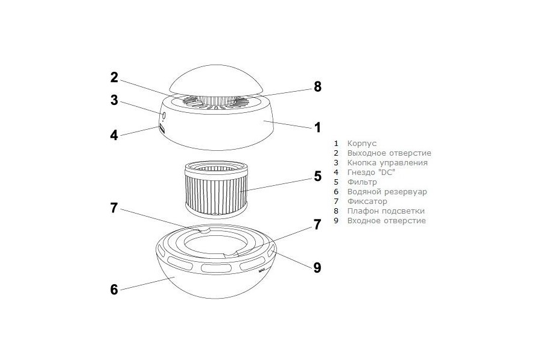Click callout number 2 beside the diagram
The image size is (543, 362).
114,77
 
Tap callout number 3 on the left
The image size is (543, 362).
114,100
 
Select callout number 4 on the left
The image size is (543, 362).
114,135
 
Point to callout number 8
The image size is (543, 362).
317,87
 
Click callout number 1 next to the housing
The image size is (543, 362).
317,127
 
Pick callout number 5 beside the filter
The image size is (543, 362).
317,176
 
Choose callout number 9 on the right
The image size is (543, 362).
317,267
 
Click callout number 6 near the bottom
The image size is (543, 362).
114,290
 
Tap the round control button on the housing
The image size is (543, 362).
164,116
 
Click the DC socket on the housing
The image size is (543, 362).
162,129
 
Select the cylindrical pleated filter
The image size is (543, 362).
217,189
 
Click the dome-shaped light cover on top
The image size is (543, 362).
217,80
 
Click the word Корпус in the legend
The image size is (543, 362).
362,144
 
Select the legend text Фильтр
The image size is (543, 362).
362,182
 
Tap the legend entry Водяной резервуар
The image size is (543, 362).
387,192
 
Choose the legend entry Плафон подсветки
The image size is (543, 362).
386,211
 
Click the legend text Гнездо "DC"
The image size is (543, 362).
371,172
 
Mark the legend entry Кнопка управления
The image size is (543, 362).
387,162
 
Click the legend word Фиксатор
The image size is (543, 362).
367,202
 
